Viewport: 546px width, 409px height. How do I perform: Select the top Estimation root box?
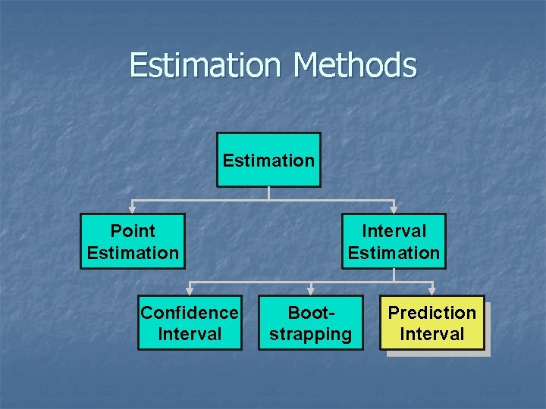[268, 160]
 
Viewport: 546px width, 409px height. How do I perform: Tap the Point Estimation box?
[133, 242]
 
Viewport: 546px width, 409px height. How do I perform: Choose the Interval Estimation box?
[394, 242]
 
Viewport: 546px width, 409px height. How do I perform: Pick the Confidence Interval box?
[190, 323]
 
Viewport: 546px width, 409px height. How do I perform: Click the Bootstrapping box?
[311, 323]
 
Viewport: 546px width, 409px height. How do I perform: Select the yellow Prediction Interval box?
[432, 323]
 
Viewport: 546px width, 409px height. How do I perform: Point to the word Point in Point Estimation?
[133, 231]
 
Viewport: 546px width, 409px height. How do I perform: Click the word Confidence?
[190, 313]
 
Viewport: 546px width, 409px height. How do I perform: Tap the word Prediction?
[432, 313]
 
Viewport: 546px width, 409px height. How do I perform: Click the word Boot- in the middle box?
[311, 313]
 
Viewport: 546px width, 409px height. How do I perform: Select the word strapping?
[311, 334]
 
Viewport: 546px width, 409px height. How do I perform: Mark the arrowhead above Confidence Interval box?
[190, 290]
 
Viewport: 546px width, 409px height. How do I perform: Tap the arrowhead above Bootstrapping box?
[311, 290]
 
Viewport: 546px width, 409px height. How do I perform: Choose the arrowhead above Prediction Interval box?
[432, 290]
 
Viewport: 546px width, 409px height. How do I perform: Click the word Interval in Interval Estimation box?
[394, 231]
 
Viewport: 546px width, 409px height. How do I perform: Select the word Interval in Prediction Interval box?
[432, 334]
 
